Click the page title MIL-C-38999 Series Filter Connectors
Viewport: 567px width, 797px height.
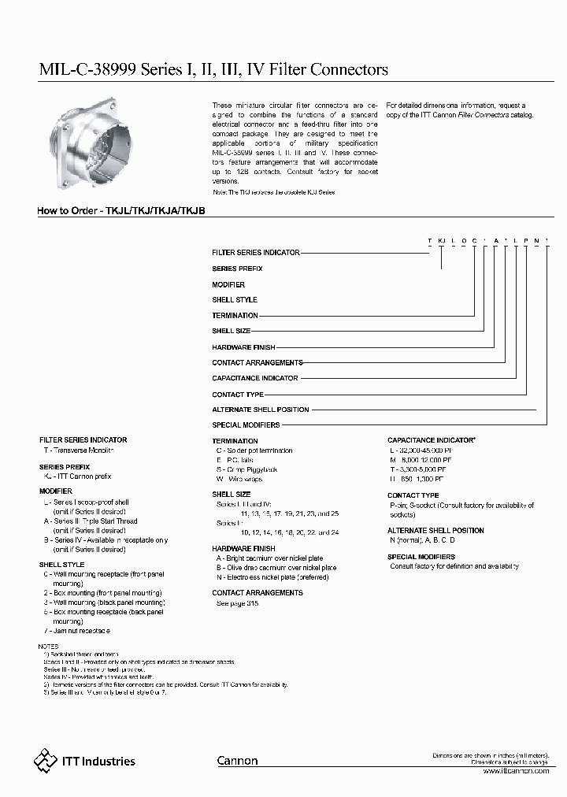(213, 70)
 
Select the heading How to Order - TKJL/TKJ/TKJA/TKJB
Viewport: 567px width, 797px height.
(122, 212)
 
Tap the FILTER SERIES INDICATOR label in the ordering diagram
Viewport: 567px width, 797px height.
(256, 252)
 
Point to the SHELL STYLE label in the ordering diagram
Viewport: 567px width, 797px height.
(235, 299)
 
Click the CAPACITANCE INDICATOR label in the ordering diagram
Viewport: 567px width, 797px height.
(254, 378)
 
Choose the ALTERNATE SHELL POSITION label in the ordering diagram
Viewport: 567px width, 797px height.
(260, 410)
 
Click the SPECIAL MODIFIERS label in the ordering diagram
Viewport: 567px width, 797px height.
(246, 425)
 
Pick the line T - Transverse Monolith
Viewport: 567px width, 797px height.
(79, 450)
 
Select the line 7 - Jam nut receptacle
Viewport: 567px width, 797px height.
(76, 631)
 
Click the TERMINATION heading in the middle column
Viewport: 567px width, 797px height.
(235, 441)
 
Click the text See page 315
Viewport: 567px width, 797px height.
(237, 602)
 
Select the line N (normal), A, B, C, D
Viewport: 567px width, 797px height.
(422, 539)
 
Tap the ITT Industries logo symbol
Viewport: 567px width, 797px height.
(44, 760)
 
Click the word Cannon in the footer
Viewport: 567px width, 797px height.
(237, 761)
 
